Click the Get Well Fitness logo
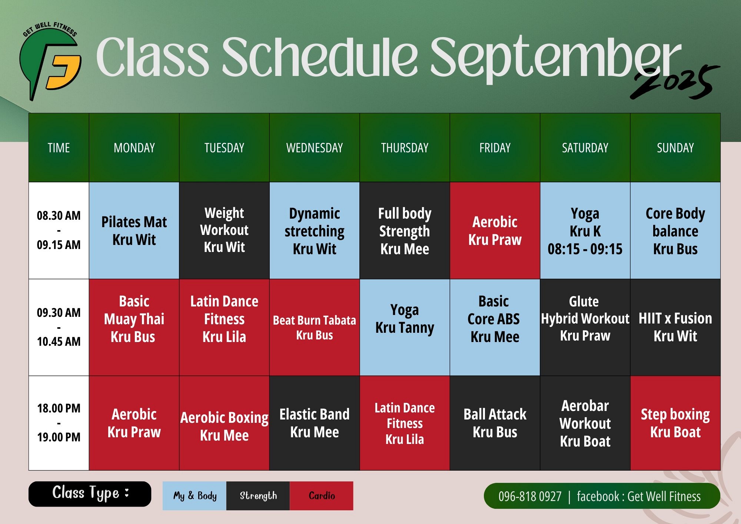50,61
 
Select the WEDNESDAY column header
315,148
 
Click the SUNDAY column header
675,148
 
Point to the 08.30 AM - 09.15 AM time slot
59,230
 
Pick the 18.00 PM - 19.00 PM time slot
59,423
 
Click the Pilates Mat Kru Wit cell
134,231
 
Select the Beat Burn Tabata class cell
315,327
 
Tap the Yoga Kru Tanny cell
405,327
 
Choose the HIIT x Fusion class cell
675,327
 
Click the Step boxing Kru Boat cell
675,423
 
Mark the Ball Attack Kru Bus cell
495,423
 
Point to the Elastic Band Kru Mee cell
315,423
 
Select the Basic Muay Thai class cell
134,327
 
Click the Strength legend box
258,496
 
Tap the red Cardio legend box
322,496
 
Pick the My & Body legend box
195,496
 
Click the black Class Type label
90,494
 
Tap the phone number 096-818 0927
530,496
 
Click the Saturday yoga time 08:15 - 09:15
585,249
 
